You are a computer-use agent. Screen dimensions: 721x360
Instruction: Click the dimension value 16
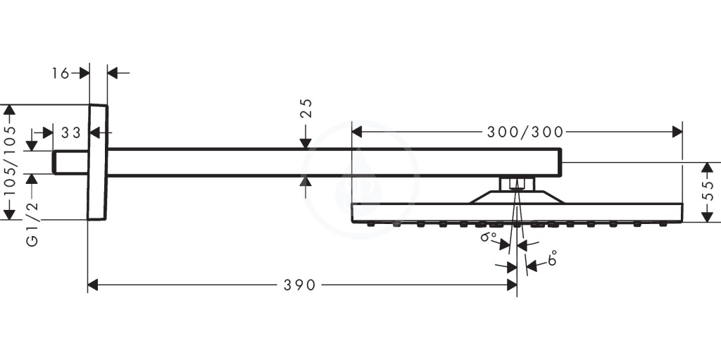pyautogui.click(x=60, y=73)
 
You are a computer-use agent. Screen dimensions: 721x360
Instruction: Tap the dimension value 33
pyautogui.click(x=71, y=133)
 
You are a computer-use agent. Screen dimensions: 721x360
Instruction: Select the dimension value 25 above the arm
pyautogui.click(x=306, y=108)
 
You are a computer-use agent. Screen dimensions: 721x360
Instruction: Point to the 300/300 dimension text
pyautogui.click(x=525, y=132)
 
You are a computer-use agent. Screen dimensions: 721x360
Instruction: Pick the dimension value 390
pyautogui.click(x=299, y=285)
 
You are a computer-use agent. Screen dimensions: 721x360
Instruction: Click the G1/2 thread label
pyautogui.click(x=32, y=224)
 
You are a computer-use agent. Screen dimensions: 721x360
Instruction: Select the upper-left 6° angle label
pyautogui.click(x=489, y=237)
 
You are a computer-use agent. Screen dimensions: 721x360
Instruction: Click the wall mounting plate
pyautogui.click(x=97, y=162)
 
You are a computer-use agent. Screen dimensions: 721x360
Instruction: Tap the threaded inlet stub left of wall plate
pyautogui.click(x=70, y=162)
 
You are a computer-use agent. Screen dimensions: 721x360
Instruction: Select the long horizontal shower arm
pyautogui.click(x=334, y=162)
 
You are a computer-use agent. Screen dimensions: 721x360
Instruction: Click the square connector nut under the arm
pyautogui.click(x=518, y=184)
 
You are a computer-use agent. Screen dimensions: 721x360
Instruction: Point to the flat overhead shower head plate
pyautogui.click(x=517, y=213)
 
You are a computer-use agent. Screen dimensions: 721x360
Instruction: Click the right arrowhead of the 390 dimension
pyautogui.click(x=512, y=285)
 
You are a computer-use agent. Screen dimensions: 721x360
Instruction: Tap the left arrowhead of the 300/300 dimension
pyautogui.click(x=357, y=132)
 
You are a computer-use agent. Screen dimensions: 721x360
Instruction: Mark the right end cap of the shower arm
pyautogui.click(x=560, y=162)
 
